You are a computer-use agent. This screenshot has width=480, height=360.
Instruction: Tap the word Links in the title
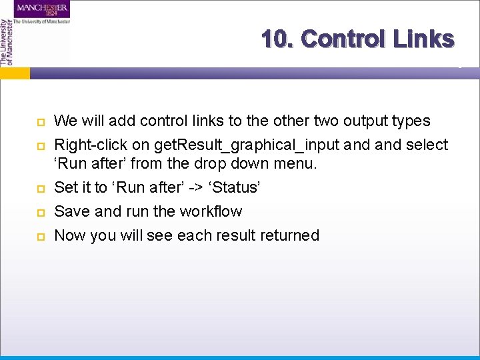coord(423,39)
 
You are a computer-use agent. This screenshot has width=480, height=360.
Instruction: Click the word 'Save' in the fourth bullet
coord(70,211)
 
